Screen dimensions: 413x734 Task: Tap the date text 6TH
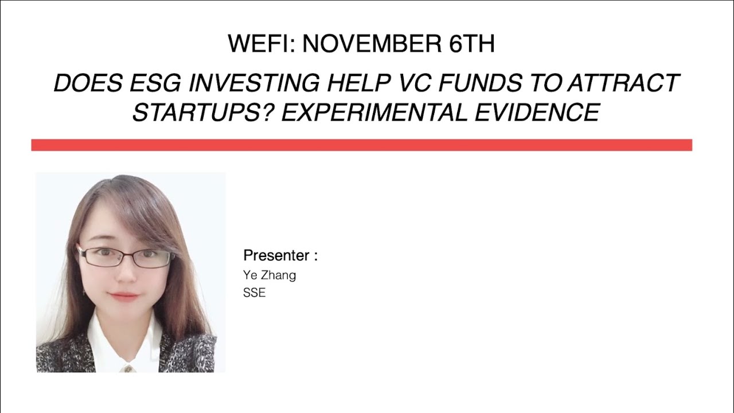pyautogui.click(x=472, y=44)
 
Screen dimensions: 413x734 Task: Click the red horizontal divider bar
pyautogui.click(x=361, y=145)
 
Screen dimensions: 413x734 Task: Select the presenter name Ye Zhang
pyautogui.click(x=270, y=275)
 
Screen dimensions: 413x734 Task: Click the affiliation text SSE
pyautogui.click(x=254, y=293)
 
